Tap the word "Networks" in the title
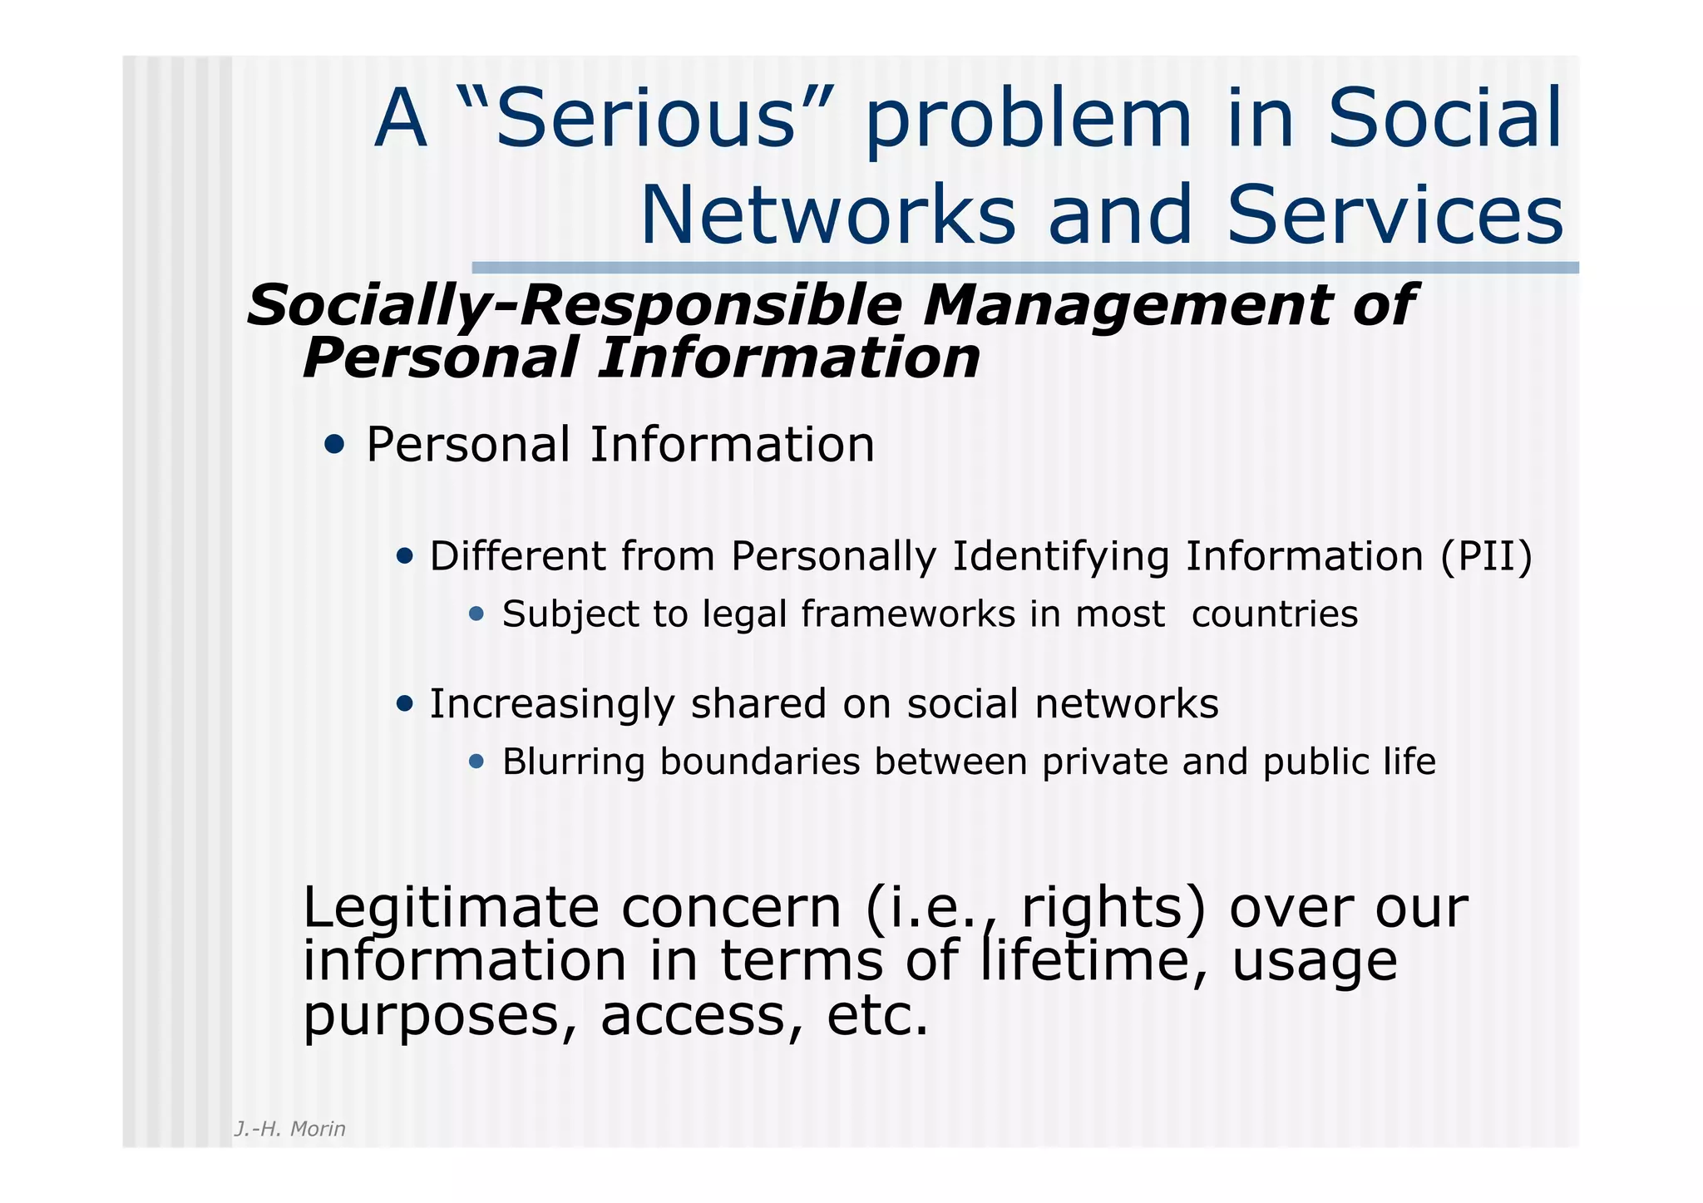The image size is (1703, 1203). pyautogui.click(x=828, y=215)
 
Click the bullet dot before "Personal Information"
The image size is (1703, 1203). pyautogui.click(x=334, y=445)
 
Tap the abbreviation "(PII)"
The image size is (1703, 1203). pyautogui.click(x=1486, y=556)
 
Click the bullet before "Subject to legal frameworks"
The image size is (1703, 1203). pyautogui.click(x=476, y=614)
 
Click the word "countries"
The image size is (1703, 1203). pyautogui.click(x=1275, y=614)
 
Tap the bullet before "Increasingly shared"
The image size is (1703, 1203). pyautogui.click(x=405, y=704)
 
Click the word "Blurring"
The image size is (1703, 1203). pyautogui.click(x=573, y=762)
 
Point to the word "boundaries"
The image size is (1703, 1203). pyautogui.click(x=760, y=762)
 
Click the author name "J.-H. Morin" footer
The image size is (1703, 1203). pyautogui.click(x=290, y=1129)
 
